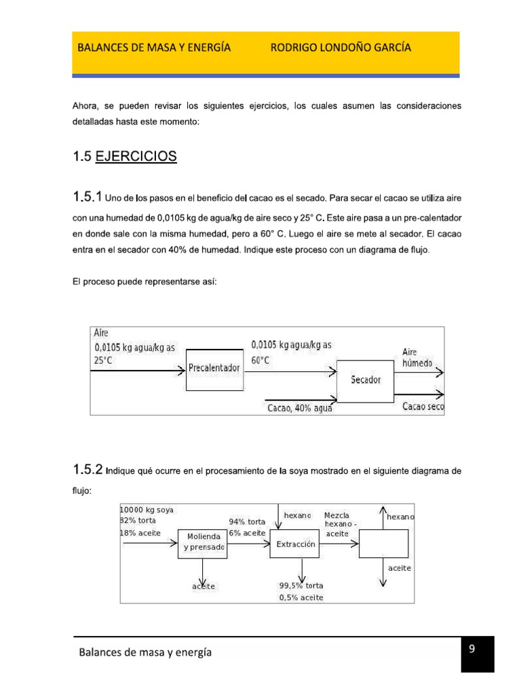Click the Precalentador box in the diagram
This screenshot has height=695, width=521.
coord(214,369)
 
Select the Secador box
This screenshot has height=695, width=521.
coord(366,380)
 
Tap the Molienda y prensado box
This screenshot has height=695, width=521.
coord(202,542)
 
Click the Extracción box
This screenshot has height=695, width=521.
coord(295,544)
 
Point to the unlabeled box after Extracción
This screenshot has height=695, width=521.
coord(383,544)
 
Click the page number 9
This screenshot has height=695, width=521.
coord(471,650)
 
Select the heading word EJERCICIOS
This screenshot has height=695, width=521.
coord(136,157)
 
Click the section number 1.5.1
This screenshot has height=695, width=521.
coord(87,198)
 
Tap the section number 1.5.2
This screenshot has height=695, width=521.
coord(88,470)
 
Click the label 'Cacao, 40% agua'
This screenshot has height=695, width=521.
coord(299,407)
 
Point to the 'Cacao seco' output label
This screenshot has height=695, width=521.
coord(423,407)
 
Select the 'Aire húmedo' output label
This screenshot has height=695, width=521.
coord(417,358)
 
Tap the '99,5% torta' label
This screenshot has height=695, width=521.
coord(301,586)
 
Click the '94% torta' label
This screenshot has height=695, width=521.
coord(247,522)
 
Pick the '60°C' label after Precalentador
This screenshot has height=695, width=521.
coord(260,360)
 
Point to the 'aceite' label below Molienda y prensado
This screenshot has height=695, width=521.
coord(204,586)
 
